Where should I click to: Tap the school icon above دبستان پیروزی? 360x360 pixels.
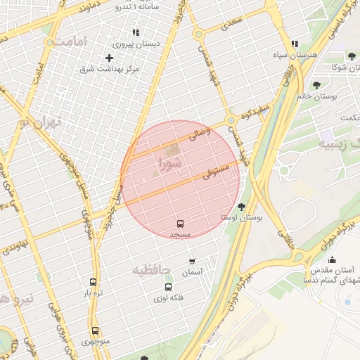tap(136, 32)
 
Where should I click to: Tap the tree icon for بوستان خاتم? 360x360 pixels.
tap(317, 86)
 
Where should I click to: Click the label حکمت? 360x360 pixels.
tap(348, 117)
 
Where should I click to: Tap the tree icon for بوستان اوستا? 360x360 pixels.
tap(243, 207)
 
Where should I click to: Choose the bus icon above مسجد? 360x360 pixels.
tap(180, 223)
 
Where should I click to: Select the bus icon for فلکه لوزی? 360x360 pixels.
tap(167, 288)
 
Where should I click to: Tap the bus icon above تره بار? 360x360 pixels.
tap(94, 282)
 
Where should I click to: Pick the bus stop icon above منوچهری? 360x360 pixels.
tap(95, 330)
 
